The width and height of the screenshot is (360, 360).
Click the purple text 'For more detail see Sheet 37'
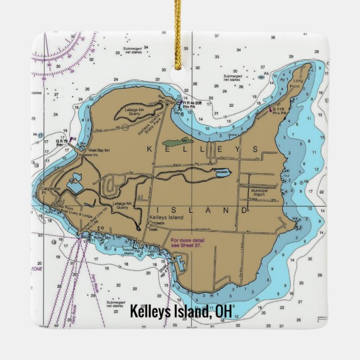(x=187, y=242)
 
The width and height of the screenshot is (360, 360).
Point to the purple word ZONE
(x=36, y=269)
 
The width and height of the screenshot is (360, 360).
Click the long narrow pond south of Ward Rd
(x=220, y=174)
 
